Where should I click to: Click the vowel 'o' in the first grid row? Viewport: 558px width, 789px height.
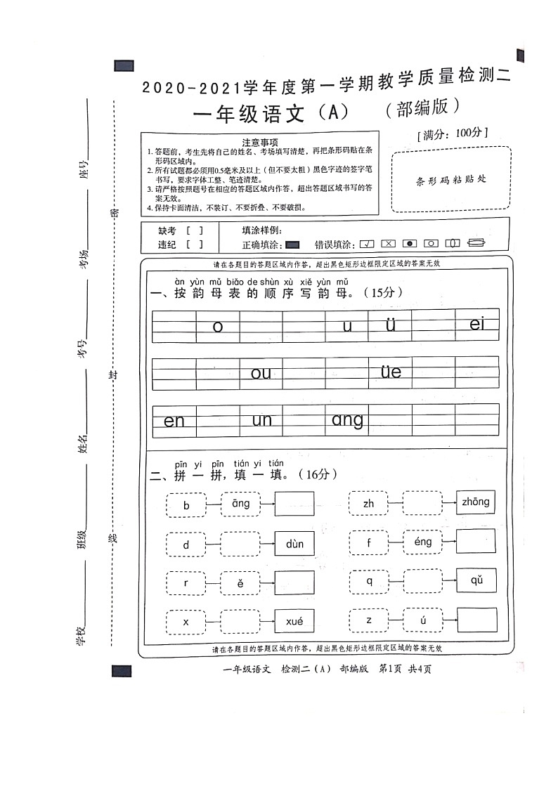click(217, 327)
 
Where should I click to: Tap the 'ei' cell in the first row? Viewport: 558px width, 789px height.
click(477, 324)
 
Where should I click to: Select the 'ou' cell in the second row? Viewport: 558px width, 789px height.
click(261, 373)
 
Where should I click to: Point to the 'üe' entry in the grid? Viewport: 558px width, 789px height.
click(391, 371)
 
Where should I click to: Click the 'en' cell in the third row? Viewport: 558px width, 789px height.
click(174, 421)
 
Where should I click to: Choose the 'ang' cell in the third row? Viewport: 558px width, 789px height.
click(347, 420)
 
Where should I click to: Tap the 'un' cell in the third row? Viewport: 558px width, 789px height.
click(261, 420)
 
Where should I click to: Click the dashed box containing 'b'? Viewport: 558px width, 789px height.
click(186, 505)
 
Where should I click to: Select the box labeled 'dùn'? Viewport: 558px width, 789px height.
click(294, 543)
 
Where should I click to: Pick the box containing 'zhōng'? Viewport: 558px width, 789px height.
click(476, 502)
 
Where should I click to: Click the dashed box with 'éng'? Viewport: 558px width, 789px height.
click(422, 542)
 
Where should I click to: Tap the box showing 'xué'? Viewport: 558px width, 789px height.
click(294, 622)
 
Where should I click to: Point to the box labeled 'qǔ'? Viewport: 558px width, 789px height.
click(476, 580)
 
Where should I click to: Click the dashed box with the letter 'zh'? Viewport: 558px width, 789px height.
click(369, 504)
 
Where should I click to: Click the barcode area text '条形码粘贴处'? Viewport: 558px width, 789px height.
click(450, 178)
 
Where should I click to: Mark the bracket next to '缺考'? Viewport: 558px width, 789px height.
click(195, 230)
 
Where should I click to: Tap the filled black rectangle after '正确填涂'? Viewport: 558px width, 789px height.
click(293, 244)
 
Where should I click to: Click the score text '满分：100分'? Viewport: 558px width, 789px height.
click(452, 133)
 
